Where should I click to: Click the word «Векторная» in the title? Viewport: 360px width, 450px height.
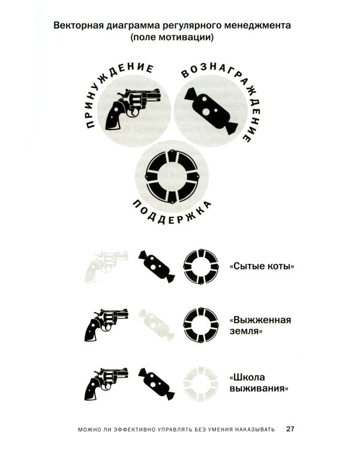[77, 26]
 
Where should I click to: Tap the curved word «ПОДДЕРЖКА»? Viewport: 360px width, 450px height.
[170, 214]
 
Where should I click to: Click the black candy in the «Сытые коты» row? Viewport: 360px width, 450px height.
[157, 265]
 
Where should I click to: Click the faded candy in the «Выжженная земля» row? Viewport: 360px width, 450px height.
[157, 323]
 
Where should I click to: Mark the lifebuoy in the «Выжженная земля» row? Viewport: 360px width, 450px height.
[203, 323]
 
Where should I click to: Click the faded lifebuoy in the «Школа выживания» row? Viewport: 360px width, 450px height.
[203, 382]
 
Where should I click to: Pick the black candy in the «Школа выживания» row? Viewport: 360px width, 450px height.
[157, 382]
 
